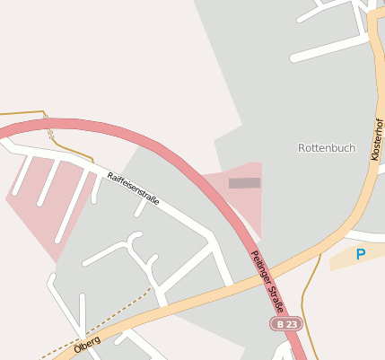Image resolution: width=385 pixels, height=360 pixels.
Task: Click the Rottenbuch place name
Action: point(327,147)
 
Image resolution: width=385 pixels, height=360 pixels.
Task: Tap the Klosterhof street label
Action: point(376,142)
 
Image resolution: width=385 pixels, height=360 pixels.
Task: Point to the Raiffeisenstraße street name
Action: point(133,189)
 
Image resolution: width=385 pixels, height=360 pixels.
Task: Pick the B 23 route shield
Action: point(286,323)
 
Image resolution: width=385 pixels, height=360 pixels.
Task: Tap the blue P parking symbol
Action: point(361,254)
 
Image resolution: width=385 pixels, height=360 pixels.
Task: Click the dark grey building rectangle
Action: point(244,183)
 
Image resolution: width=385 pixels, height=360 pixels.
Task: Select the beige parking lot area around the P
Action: point(346,260)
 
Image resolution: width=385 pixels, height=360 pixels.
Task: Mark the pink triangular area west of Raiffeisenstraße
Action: point(45,206)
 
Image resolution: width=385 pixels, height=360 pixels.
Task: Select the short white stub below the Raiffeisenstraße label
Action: point(141,208)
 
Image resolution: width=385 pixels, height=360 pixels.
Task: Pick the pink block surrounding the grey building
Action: point(251,202)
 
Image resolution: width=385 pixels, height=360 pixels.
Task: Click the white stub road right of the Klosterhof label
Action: point(380,167)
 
